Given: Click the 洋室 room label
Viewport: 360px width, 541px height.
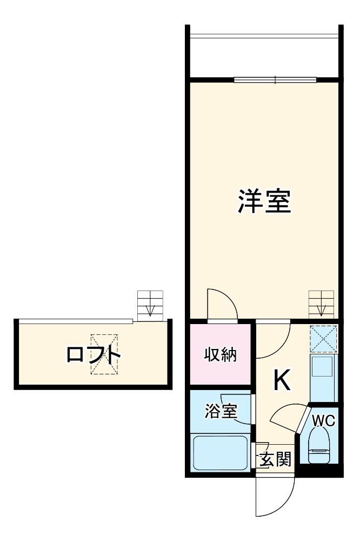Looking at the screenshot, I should (265, 201).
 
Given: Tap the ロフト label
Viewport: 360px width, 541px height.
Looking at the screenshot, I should (94, 355).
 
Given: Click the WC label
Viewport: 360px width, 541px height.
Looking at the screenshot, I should (323, 420).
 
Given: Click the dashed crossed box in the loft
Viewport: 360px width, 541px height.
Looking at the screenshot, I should (103, 354).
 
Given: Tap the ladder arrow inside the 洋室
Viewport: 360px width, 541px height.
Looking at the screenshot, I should (321, 308).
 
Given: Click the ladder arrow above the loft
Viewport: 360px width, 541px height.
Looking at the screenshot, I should (150, 309).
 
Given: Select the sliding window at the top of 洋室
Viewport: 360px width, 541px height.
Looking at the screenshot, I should (275, 81).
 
